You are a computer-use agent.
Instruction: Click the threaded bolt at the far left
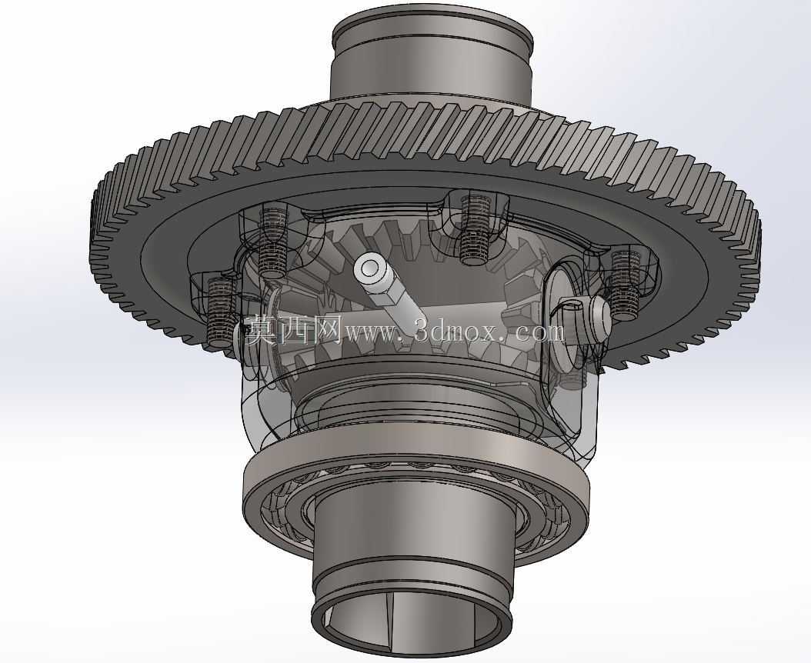click(221, 312)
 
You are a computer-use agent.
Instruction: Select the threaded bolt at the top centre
click(473, 228)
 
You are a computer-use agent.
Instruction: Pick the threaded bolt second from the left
click(272, 240)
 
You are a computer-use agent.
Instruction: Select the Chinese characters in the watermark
click(293, 331)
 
